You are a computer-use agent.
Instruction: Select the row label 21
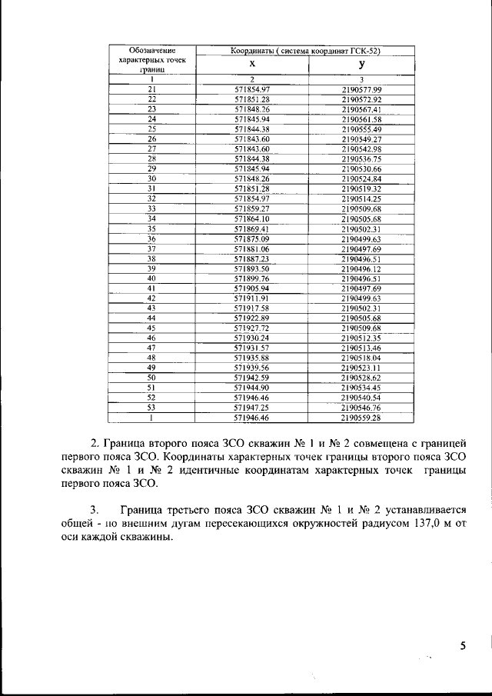pyautogui.click(x=151, y=90)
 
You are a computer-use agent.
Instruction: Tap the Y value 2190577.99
pyautogui.click(x=361, y=90)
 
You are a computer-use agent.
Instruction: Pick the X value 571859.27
pyautogui.click(x=252, y=208)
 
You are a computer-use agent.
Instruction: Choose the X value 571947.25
pyautogui.click(x=252, y=408)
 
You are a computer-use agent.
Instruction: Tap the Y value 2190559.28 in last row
pyautogui.click(x=361, y=418)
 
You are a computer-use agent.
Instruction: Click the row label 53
pyautogui.click(x=151, y=408)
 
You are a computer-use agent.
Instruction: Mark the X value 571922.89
pyautogui.click(x=252, y=318)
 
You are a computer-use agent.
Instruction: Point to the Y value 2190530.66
pyautogui.click(x=361, y=168)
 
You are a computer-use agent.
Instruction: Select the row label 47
pyautogui.click(x=151, y=348)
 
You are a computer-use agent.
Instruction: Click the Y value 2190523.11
pyautogui.click(x=361, y=368)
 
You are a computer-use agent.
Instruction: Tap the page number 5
pyautogui.click(x=463, y=646)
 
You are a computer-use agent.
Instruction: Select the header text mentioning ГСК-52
pyautogui.click(x=307, y=51)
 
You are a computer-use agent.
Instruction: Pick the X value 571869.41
pyautogui.click(x=252, y=228)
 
